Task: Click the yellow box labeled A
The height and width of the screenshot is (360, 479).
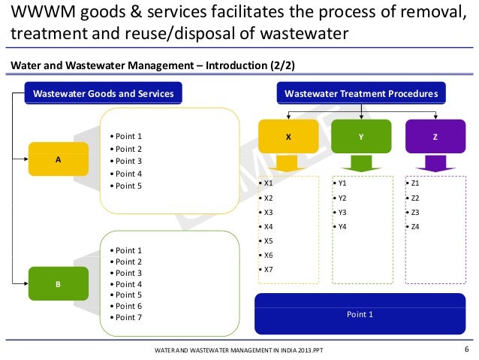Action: (59, 159)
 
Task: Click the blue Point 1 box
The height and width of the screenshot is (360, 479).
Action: (359, 314)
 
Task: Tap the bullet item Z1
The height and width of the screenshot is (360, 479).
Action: (415, 183)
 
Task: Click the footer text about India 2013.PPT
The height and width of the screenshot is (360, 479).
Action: (239, 351)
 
